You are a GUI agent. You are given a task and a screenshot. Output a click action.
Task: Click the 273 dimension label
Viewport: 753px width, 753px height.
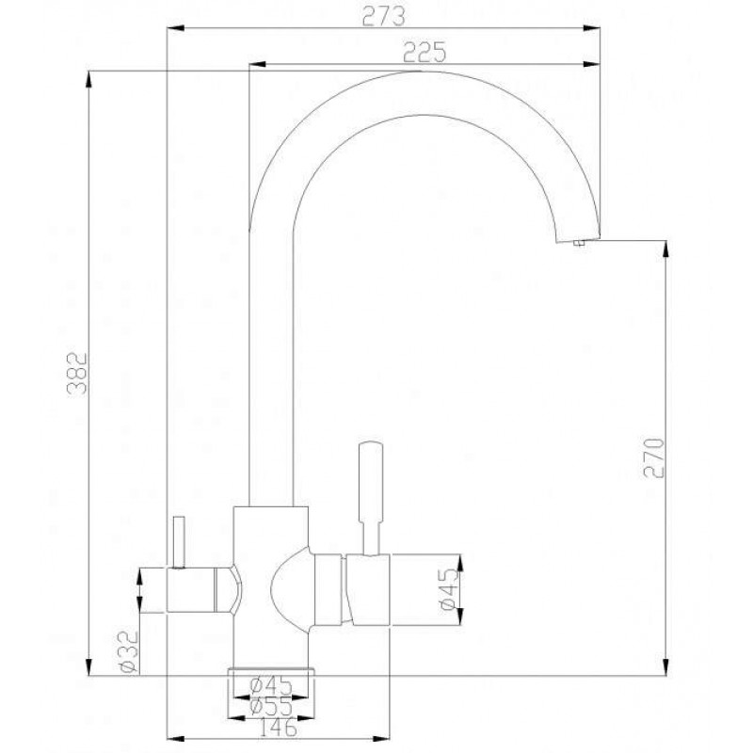pyautogui.click(x=383, y=16)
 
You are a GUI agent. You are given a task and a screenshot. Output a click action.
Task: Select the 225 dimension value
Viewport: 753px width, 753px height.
pyautogui.click(x=425, y=53)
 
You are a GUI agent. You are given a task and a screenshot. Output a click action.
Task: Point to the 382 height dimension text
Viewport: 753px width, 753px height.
pyautogui.click(x=77, y=373)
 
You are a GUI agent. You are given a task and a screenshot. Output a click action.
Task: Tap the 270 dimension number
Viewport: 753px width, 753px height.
pyautogui.click(x=653, y=457)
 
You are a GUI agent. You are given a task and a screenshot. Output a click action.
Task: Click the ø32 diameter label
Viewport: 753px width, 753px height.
pyautogui.click(x=127, y=651)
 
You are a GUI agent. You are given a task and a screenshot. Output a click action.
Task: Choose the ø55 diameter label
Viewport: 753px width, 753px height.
pyautogui.click(x=271, y=707)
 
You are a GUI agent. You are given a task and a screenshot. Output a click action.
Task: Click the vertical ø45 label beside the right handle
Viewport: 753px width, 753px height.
pyautogui.click(x=450, y=590)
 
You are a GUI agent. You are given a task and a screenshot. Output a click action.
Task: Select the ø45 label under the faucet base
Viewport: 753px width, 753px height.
pyautogui.click(x=271, y=684)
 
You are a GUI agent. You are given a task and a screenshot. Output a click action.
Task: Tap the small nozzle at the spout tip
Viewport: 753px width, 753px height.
pyautogui.click(x=579, y=243)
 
